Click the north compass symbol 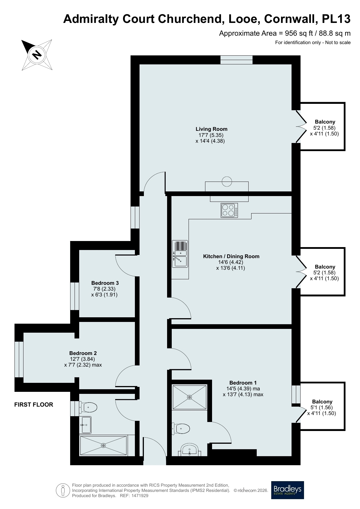(x=37, y=55)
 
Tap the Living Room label (x=211, y=129)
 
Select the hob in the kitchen (x=229, y=210)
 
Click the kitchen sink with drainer (x=180, y=254)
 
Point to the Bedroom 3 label (x=105, y=283)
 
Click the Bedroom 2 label (x=83, y=353)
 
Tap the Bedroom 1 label (x=243, y=383)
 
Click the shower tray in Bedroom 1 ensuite (x=189, y=397)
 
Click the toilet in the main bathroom (x=88, y=407)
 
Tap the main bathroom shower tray (x=103, y=445)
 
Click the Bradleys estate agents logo (x=287, y=490)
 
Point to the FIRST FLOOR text (x=34, y=405)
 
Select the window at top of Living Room (x=236, y=60)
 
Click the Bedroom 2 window (x=19, y=359)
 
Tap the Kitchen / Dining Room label (x=231, y=256)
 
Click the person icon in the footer (x=63, y=490)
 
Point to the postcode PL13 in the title (x=336, y=19)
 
